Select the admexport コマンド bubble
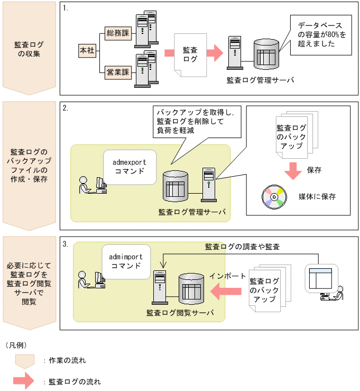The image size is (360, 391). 130,165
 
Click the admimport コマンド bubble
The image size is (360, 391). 125,261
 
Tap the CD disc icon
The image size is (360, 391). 273,196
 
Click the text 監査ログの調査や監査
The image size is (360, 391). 242,246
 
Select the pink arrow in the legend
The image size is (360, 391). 24,381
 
